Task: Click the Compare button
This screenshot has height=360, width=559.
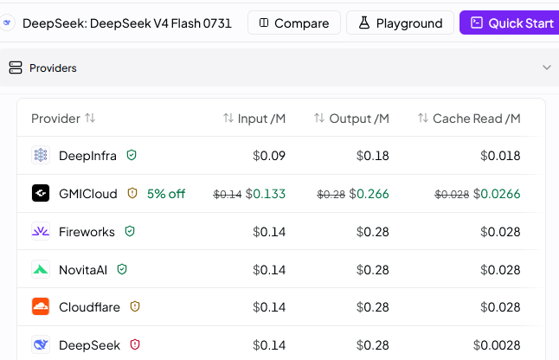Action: (x=294, y=22)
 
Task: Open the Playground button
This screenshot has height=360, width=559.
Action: (x=400, y=22)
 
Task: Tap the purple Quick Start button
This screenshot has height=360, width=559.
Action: (x=510, y=22)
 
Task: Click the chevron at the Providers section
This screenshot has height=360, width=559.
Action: (x=547, y=67)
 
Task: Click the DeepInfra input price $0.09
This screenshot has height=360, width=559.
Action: (x=269, y=156)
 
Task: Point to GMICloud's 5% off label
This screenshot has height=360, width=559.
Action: (x=166, y=194)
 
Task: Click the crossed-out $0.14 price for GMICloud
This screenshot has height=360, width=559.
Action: (x=228, y=194)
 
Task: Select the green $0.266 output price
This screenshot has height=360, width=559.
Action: (x=369, y=194)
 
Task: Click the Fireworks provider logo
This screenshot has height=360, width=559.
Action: (x=41, y=231)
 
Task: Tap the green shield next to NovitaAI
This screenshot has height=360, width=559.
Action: (x=122, y=269)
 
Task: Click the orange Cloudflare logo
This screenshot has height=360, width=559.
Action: (x=41, y=306)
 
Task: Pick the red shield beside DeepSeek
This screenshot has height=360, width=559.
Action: (x=135, y=344)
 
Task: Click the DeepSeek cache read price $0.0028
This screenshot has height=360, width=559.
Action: (x=497, y=345)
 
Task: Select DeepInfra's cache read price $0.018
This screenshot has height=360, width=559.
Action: (x=500, y=156)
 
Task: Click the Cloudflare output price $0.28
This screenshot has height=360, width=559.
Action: (x=373, y=307)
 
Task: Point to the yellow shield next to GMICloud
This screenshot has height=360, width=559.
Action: (x=132, y=193)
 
